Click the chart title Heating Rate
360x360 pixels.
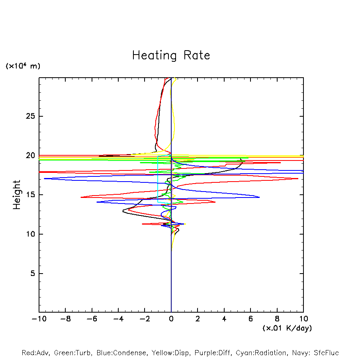click(171, 55)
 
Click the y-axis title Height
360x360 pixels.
click(17, 195)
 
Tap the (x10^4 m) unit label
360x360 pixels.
click(23, 66)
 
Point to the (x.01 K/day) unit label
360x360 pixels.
click(287, 328)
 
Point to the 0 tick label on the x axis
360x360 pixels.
click(171, 319)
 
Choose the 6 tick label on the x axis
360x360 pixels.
click(250, 319)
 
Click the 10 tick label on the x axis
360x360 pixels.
click(303, 319)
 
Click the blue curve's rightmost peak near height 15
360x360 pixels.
click(259, 197)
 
